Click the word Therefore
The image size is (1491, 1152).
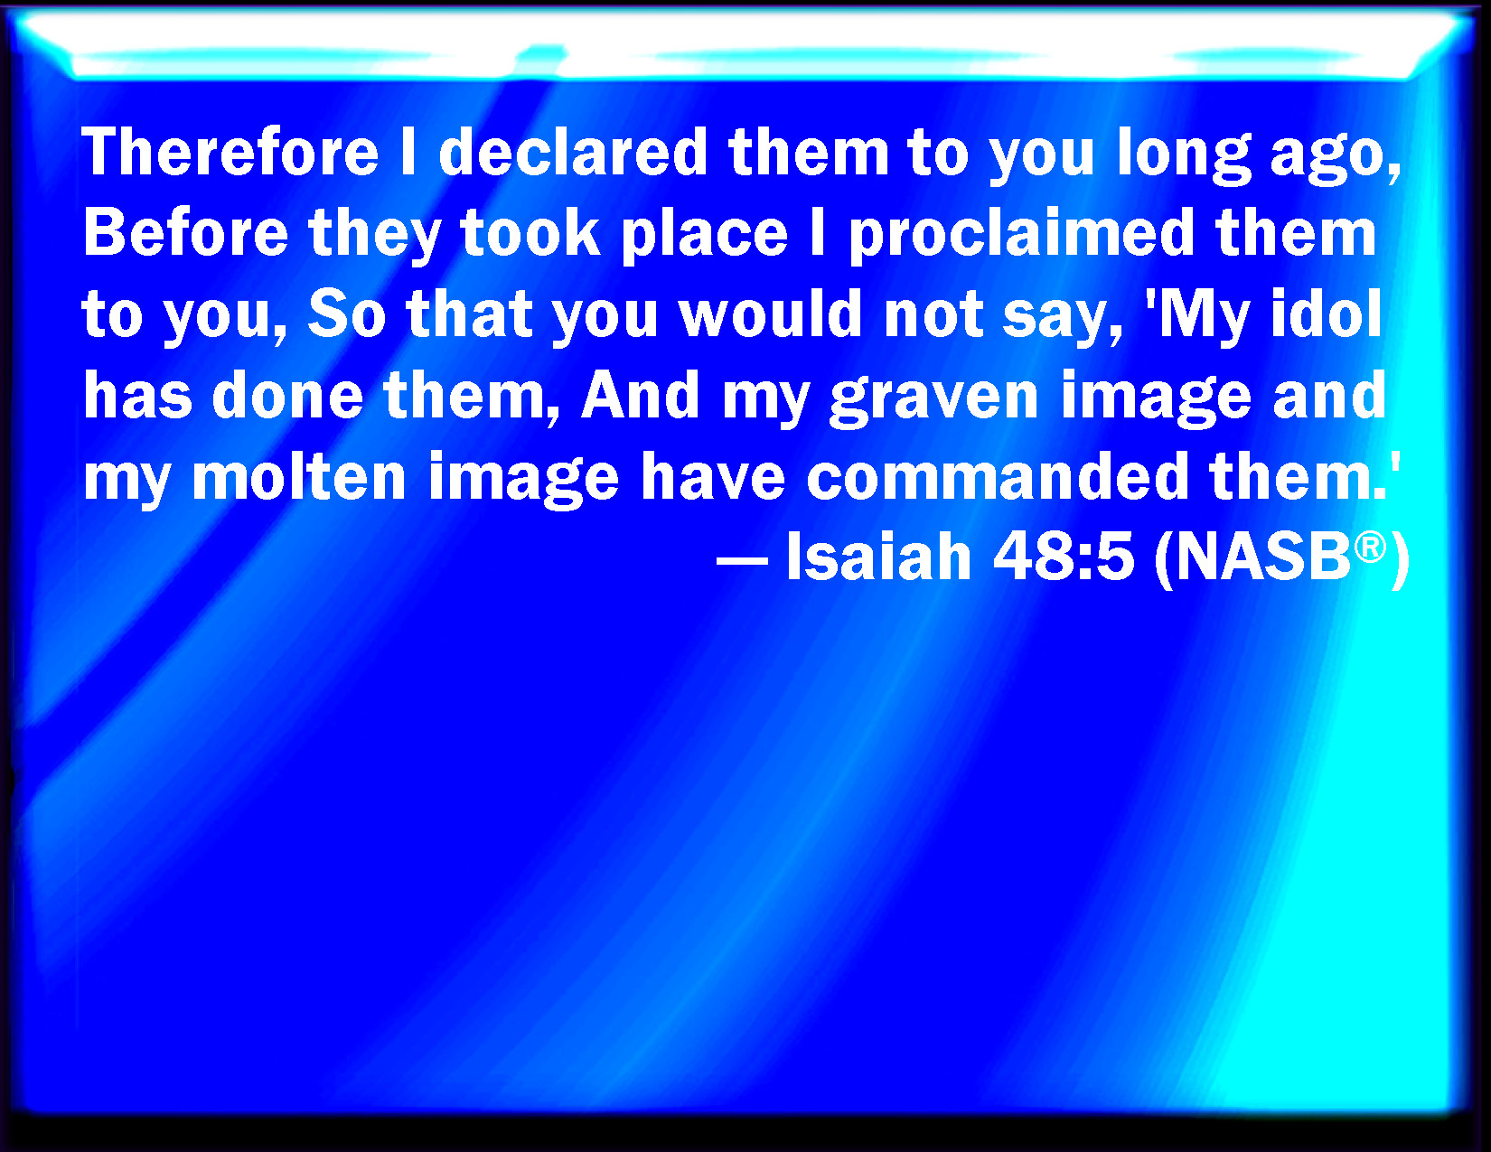point(230,152)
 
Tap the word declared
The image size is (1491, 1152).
point(573,152)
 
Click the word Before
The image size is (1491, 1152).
point(185,232)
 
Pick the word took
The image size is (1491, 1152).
point(530,232)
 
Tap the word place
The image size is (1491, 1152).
point(704,236)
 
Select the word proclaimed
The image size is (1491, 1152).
point(1022,236)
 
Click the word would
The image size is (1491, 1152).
point(771,314)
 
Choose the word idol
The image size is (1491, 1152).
point(1327,314)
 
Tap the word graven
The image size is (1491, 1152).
point(933,400)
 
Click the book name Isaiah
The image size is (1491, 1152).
point(878,557)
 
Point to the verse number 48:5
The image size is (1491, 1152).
point(1063,557)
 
